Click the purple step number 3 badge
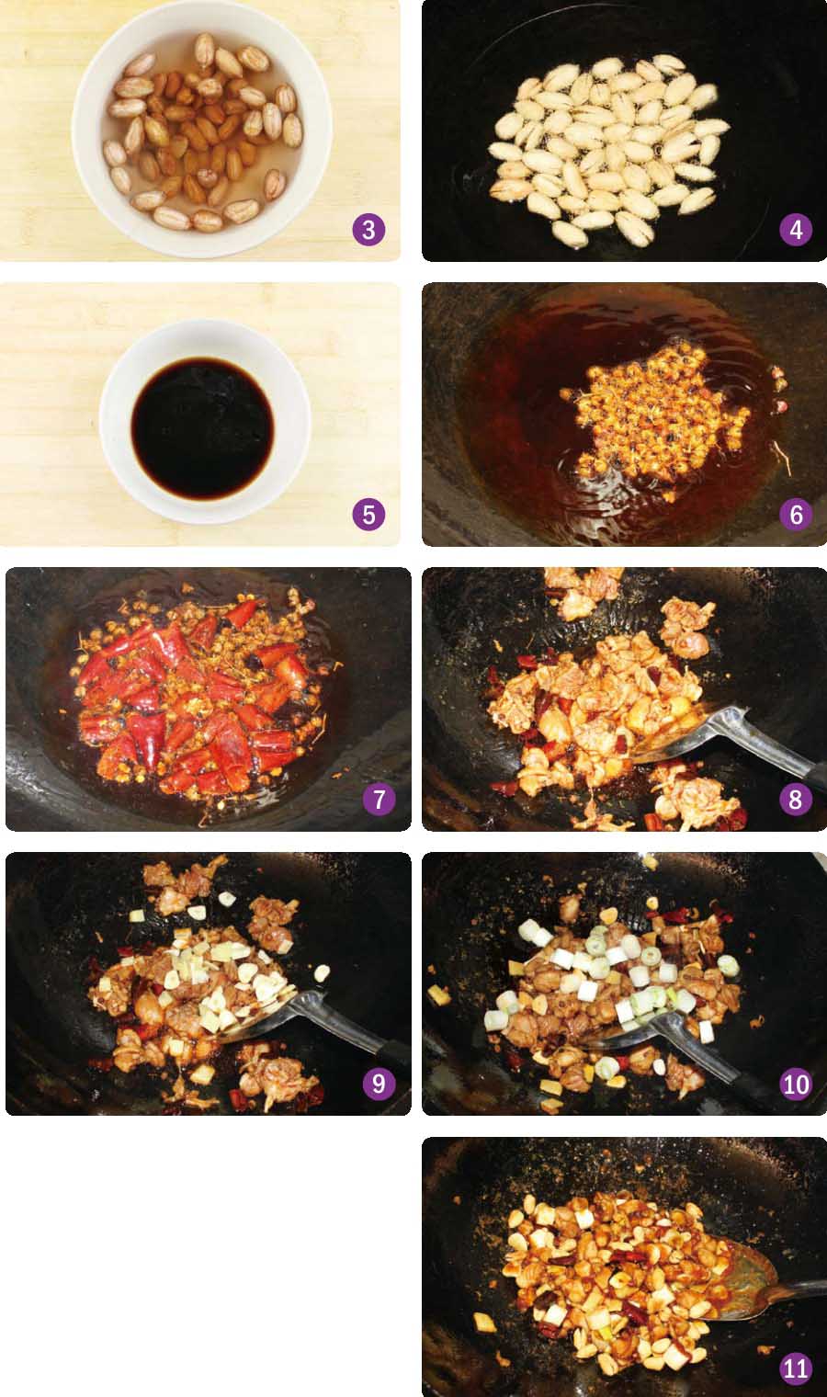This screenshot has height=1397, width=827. pyautogui.click(x=368, y=230)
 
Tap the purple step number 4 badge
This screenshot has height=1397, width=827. pyautogui.click(x=796, y=230)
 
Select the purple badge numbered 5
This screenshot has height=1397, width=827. pyautogui.click(x=368, y=515)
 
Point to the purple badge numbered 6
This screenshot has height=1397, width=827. pyautogui.click(x=796, y=515)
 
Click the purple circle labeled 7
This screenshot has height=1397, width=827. pyautogui.click(x=380, y=800)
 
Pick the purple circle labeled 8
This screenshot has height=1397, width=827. pyautogui.click(x=796, y=800)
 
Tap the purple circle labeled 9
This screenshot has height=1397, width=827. pyautogui.click(x=380, y=1084)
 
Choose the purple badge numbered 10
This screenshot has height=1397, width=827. pyautogui.click(x=796, y=1084)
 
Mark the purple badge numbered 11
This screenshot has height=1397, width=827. pyautogui.click(x=796, y=1369)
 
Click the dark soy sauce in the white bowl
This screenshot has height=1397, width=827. pyautogui.click(x=203, y=428)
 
